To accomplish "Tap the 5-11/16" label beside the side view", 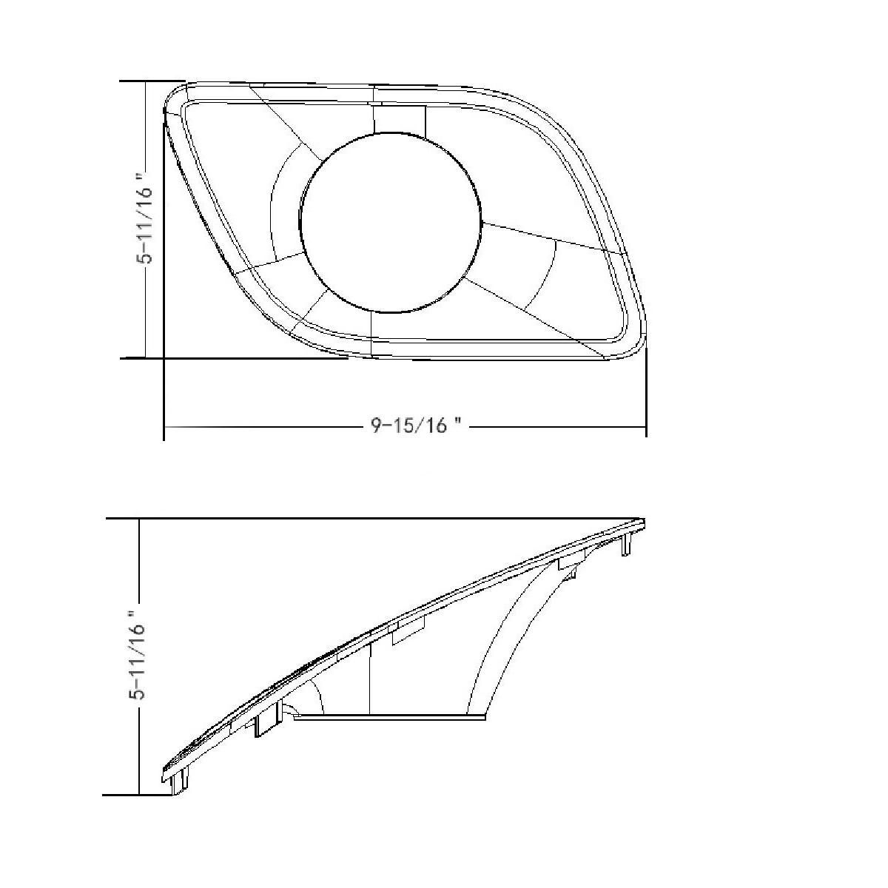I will point(138,655).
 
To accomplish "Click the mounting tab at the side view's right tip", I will point(628,543).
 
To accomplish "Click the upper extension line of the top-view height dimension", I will point(152,81).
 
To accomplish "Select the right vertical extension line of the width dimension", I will point(646,392).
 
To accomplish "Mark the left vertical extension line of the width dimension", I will point(164,400).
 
